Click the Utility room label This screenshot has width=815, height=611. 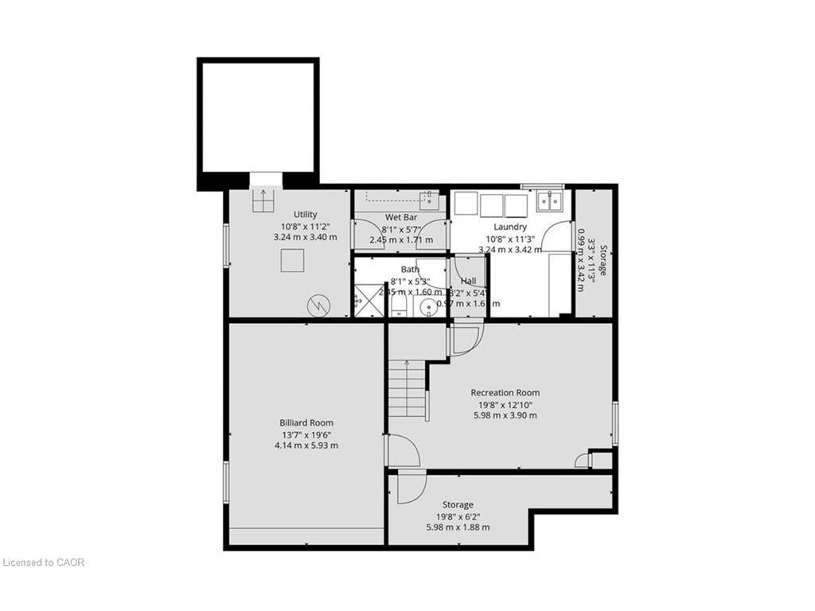pyautogui.click(x=305, y=214)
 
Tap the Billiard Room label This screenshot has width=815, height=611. pyautogui.click(x=306, y=422)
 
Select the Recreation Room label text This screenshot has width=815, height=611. pyautogui.click(x=505, y=392)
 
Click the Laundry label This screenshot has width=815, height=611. pyautogui.click(x=509, y=227)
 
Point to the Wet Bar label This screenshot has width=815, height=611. pyautogui.click(x=401, y=217)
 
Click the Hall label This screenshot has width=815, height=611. pyautogui.click(x=468, y=281)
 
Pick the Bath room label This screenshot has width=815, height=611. pyautogui.click(x=410, y=269)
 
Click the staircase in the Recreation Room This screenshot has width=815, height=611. pyautogui.click(x=407, y=390)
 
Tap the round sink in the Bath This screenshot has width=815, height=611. pyautogui.click(x=428, y=308)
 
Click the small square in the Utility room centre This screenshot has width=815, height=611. pyautogui.click(x=292, y=260)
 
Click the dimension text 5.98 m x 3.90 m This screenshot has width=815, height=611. pyautogui.click(x=505, y=415)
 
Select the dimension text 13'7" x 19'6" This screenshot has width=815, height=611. pyautogui.click(x=306, y=434)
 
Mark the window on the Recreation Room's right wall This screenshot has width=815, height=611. pyautogui.click(x=614, y=422)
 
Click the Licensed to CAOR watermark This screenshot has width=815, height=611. pyautogui.click(x=44, y=562)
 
